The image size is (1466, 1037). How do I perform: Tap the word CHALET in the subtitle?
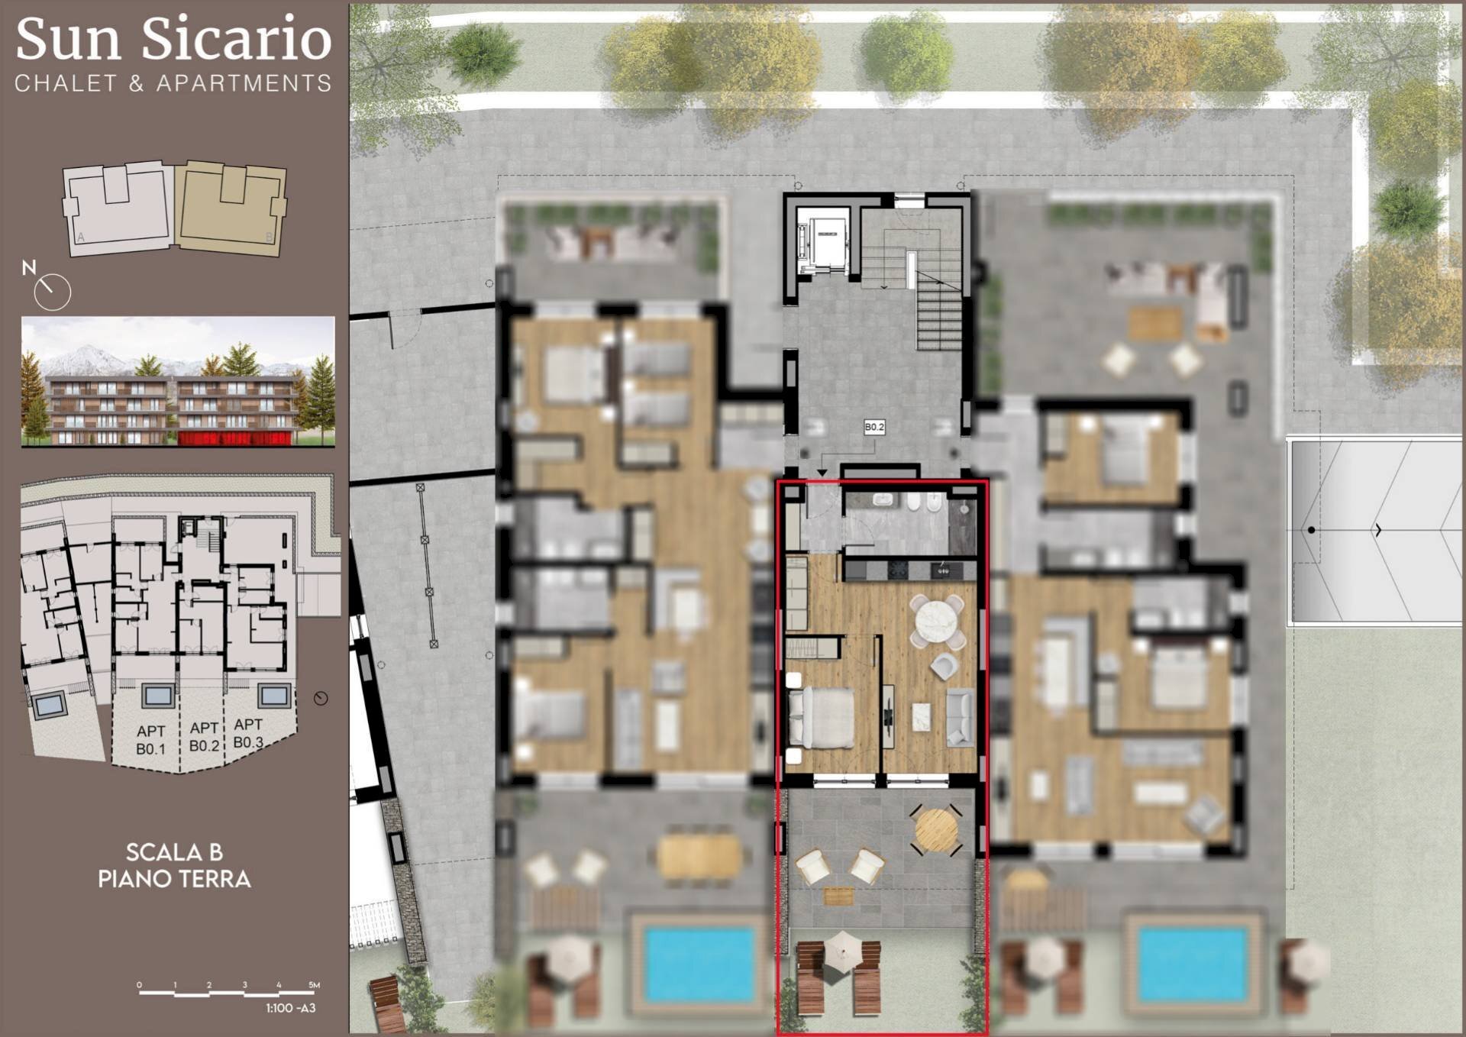pyautogui.click(x=66, y=83)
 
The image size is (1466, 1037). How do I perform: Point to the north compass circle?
pyautogui.click(x=53, y=291)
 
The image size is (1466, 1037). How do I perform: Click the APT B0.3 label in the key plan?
pyautogui.click(x=248, y=733)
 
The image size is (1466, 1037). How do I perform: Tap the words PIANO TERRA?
pyautogui.click(x=174, y=879)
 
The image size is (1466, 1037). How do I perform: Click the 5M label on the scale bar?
pyautogui.click(x=313, y=985)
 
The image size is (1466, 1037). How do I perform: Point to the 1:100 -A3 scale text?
pyautogui.click(x=290, y=1008)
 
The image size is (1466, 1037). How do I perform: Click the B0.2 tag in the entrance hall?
pyautogui.click(x=874, y=428)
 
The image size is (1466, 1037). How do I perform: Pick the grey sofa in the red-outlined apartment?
pyautogui.click(x=959, y=716)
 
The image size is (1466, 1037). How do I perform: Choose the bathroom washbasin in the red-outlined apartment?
pyautogui.click(x=883, y=501)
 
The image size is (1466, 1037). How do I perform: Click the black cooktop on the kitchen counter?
pyautogui.click(x=896, y=569)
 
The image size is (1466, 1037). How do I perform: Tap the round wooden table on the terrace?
pyautogui.click(x=936, y=829)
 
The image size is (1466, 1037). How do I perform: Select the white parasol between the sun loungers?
pyautogui.click(x=841, y=952)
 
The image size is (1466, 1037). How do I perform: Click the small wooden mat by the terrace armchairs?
pyautogui.click(x=838, y=896)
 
